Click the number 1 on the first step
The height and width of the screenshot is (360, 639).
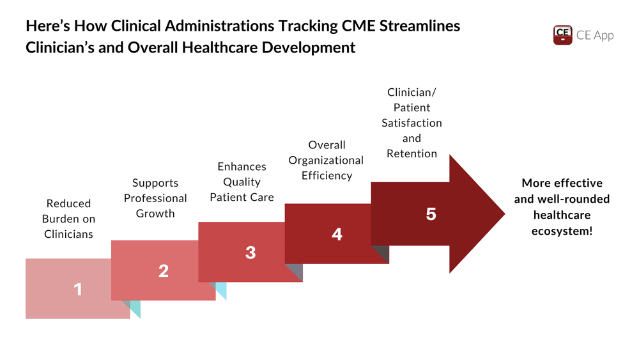(x=78, y=290)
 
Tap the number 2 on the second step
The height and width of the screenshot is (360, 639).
(x=164, y=271)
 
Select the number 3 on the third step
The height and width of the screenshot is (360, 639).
(x=250, y=253)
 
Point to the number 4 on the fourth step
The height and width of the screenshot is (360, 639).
(x=337, y=235)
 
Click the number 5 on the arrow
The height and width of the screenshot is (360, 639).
(x=431, y=214)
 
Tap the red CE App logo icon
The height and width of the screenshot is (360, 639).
(x=562, y=35)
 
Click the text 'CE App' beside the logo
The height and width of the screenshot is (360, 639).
(x=594, y=35)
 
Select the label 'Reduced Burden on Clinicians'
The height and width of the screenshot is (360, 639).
(x=68, y=219)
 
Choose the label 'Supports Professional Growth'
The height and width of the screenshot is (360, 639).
(x=155, y=198)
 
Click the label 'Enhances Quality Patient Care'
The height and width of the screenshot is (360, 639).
(x=242, y=182)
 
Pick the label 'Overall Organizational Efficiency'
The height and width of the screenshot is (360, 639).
(x=327, y=160)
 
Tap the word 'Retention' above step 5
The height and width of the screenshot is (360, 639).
(x=412, y=153)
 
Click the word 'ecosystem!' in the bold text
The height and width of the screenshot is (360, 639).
(x=562, y=231)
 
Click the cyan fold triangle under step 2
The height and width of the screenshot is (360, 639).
(x=221, y=290)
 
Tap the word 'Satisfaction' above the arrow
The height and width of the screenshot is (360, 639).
(x=412, y=123)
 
